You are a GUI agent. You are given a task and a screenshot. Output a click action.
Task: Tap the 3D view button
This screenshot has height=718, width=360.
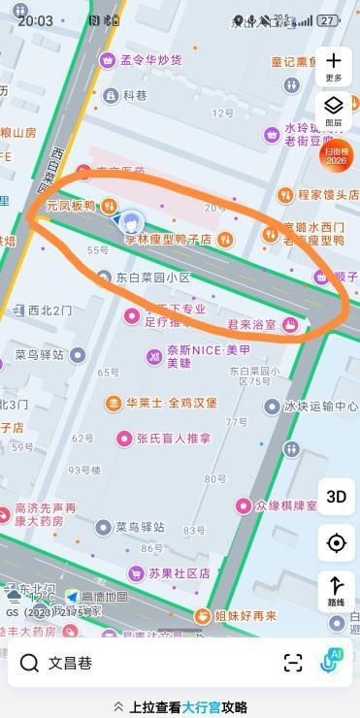pyautogui.click(x=336, y=496)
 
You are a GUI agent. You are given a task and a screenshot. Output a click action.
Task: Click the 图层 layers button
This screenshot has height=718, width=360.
pyautogui.click(x=334, y=111)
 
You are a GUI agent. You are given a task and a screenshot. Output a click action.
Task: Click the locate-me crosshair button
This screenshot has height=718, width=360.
pyautogui.click(x=336, y=543)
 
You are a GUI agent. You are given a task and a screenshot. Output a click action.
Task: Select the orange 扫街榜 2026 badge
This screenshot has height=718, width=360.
pyautogui.click(x=336, y=156)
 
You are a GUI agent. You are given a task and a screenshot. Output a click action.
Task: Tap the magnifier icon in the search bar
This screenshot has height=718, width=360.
pyautogui.click(x=30, y=663)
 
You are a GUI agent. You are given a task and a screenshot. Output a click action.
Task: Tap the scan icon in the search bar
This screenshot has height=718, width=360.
pyautogui.click(x=293, y=663)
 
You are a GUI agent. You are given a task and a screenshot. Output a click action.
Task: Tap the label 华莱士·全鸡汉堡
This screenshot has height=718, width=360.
pyautogui.click(x=171, y=403)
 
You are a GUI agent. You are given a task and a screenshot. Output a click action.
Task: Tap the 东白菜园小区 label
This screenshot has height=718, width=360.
pyautogui.click(x=152, y=277)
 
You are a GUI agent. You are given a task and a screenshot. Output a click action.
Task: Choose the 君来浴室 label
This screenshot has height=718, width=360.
pyautogui.click(x=251, y=324)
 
